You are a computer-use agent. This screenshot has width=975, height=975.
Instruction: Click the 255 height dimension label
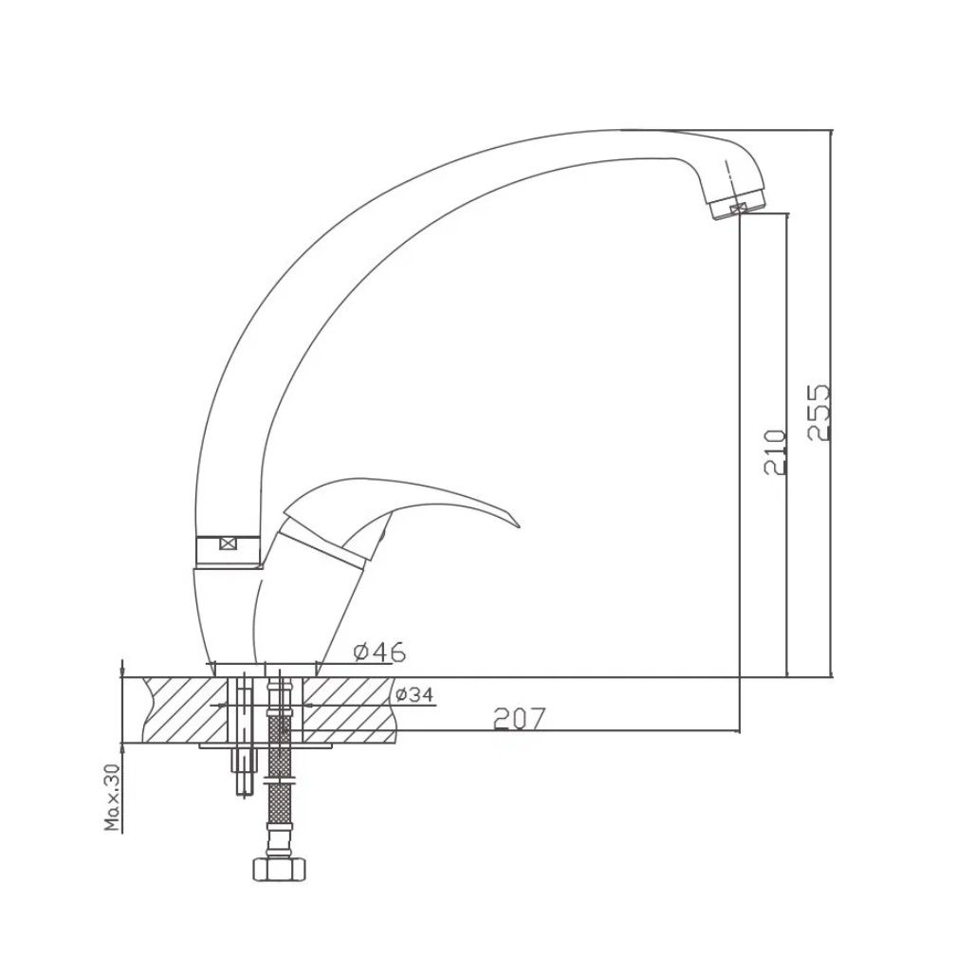coord(819,413)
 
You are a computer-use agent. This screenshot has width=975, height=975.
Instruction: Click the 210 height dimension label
coord(775,452)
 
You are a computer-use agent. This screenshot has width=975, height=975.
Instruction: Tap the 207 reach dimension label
coord(519,718)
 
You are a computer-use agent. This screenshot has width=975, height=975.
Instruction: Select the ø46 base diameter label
coord(379,653)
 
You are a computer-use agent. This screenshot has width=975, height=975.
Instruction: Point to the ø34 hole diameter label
coord(414,694)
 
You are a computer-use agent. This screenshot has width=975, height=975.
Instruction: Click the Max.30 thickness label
coord(113,798)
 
